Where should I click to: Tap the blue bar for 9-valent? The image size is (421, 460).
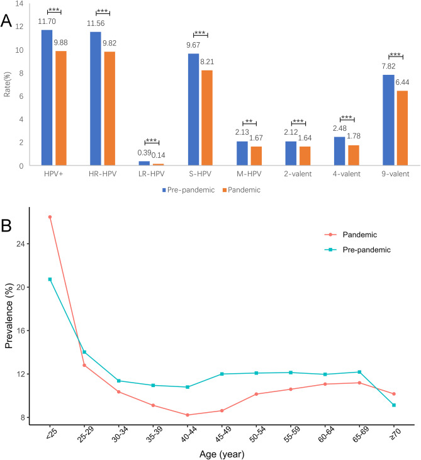[x=388, y=120]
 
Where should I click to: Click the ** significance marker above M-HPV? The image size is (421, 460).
[x=249, y=103]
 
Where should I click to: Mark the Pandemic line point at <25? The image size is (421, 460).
[x=50, y=217]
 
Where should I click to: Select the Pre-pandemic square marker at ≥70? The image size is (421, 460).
[x=393, y=405]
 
